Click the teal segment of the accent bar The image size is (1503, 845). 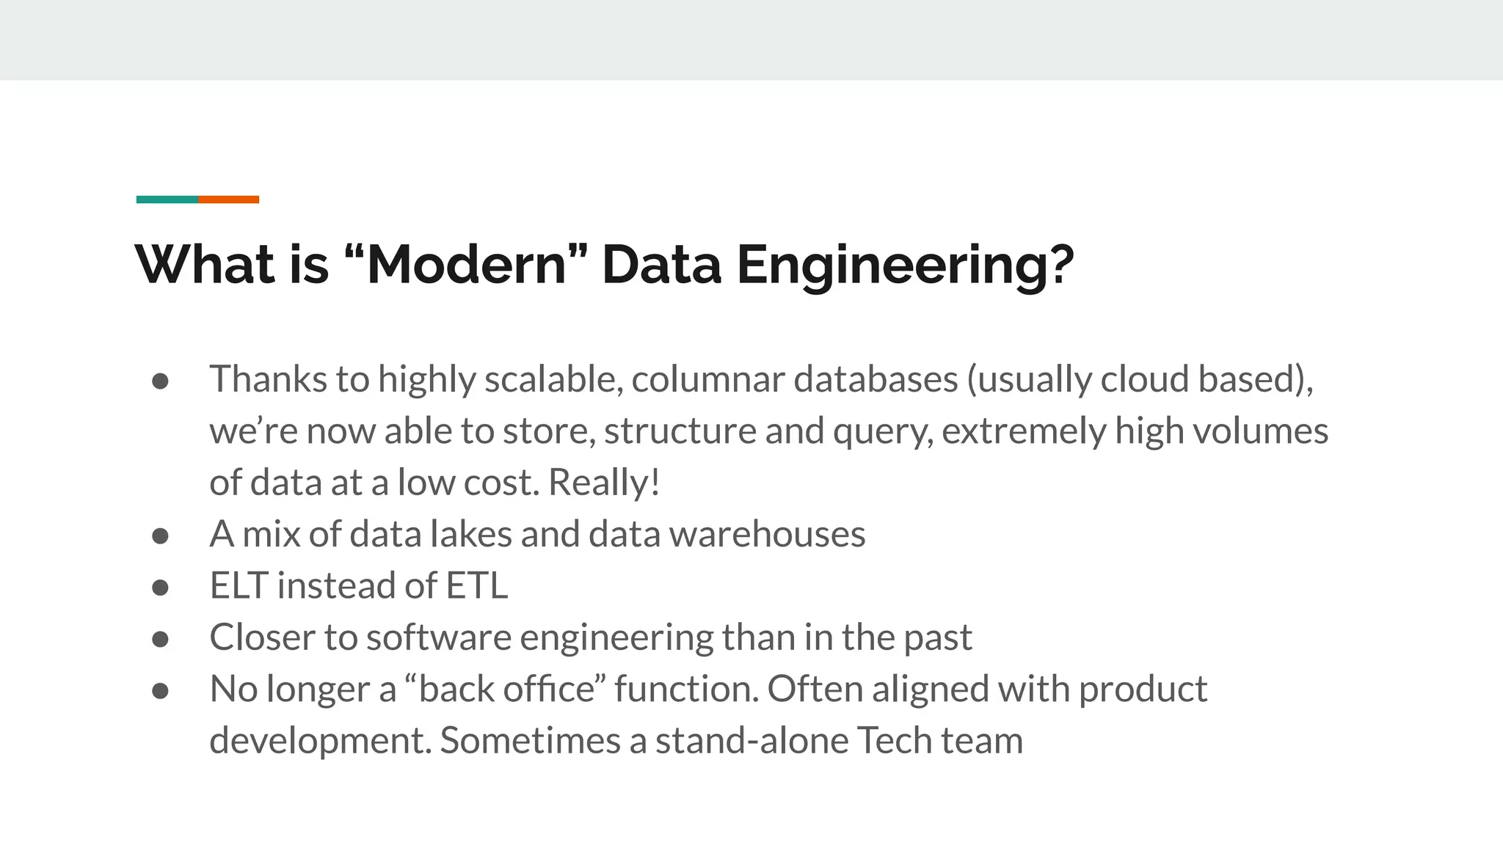click(x=167, y=200)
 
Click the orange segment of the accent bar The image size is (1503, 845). click(x=228, y=200)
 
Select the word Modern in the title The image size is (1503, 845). click(x=466, y=265)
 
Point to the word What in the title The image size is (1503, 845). click(x=205, y=265)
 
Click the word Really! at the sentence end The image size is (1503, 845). click(x=604, y=483)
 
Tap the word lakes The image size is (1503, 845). click(x=470, y=534)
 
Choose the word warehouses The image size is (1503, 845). click(x=767, y=534)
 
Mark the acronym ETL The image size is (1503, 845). click(x=477, y=586)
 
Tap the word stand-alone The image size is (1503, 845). click(x=751, y=741)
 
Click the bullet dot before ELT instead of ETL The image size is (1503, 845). click(x=161, y=588)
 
